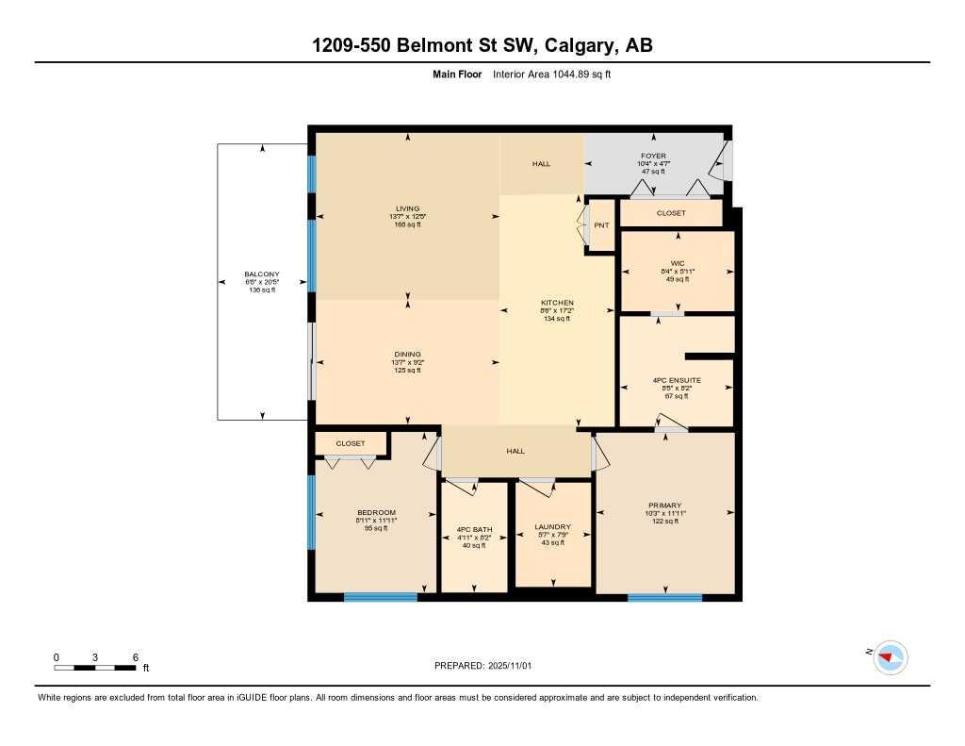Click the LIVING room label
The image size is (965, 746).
tap(407, 208)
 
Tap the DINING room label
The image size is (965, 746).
tap(407, 355)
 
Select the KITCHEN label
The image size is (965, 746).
tap(558, 303)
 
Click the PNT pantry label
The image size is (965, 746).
tap(601, 225)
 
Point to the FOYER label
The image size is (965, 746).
tap(653, 156)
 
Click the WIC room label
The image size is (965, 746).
tap(677, 263)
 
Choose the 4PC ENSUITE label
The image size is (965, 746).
tap(677, 380)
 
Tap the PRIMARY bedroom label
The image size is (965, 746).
tap(664, 506)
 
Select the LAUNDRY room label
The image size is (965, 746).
tap(553, 527)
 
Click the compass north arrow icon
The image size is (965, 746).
tap(890, 656)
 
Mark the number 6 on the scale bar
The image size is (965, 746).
tap(136, 656)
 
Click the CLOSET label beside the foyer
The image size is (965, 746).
tap(671, 213)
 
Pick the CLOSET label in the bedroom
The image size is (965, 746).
tap(351, 443)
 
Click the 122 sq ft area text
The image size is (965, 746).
tap(664, 522)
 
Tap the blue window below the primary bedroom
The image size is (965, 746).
tap(665, 597)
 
